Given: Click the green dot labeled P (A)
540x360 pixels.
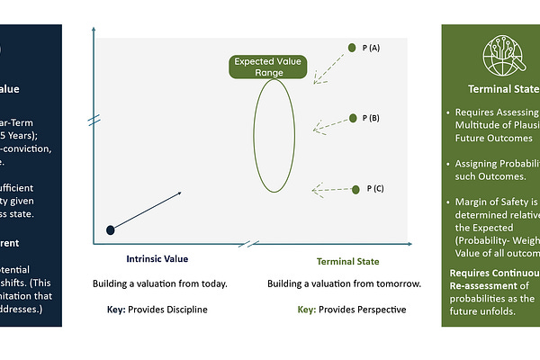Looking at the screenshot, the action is (x=353, y=48).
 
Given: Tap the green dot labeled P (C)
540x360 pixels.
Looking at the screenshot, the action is (x=356, y=189).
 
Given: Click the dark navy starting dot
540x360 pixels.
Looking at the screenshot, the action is (x=111, y=230).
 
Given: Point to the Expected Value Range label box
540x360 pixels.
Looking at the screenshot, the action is (x=269, y=66).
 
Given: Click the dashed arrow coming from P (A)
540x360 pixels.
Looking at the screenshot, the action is (x=330, y=69).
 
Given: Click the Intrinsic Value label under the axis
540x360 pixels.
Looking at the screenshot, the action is (x=157, y=259).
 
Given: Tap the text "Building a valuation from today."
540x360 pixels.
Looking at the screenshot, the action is (x=160, y=284).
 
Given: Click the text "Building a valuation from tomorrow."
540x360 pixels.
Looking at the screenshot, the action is (x=345, y=284).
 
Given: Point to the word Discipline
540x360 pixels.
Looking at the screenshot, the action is (x=185, y=310).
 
